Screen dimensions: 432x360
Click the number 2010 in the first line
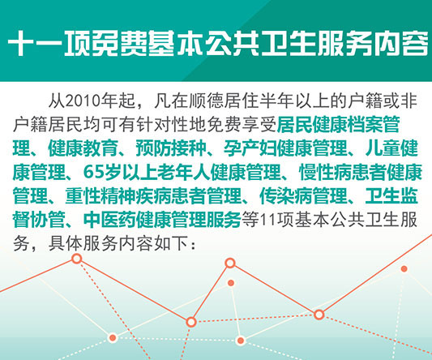[x=83, y=101]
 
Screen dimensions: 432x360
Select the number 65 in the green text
[x=93, y=172]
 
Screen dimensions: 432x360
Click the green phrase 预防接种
[x=171, y=148]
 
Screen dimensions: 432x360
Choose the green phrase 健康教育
[x=83, y=148]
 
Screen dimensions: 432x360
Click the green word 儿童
[x=383, y=148]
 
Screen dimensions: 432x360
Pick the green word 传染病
[x=286, y=195]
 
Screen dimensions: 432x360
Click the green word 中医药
[x=109, y=220]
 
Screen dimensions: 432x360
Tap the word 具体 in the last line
[x=66, y=243]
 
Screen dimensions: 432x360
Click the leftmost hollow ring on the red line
[x=77, y=259]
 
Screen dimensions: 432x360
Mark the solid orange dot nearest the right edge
[x=404, y=268]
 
